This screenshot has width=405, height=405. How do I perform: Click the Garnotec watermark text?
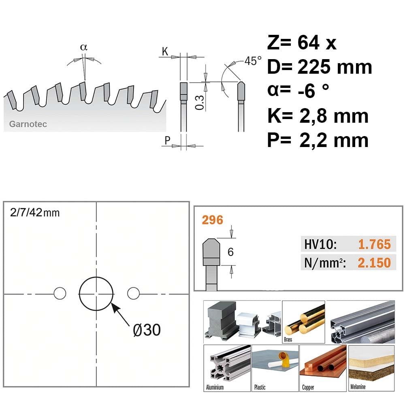(x=28, y=124)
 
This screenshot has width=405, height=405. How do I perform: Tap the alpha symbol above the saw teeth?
(x=84, y=47)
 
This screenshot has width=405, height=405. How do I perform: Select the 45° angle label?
(x=253, y=61)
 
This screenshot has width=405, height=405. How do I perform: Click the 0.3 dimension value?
(x=200, y=102)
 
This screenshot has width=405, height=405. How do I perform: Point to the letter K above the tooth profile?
(x=165, y=52)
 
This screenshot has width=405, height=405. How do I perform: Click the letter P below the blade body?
(x=167, y=141)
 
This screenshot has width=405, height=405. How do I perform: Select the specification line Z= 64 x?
(x=302, y=43)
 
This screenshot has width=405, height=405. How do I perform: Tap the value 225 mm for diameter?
(x=335, y=67)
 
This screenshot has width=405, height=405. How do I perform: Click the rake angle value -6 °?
(x=313, y=90)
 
